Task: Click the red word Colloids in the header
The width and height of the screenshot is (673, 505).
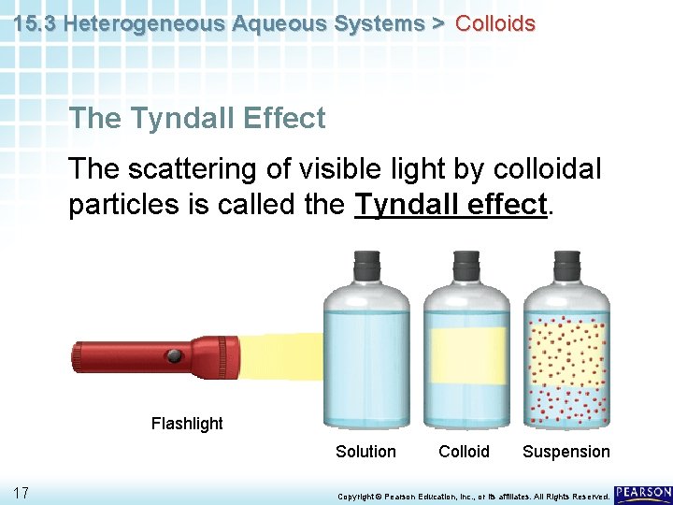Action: click(x=494, y=23)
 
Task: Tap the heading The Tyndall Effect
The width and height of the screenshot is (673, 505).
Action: click(x=197, y=119)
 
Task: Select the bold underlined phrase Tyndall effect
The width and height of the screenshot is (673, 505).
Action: click(x=451, y=204)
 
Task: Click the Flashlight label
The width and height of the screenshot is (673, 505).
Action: click(x=187, y=424)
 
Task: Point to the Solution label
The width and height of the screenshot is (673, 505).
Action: click(x=365, y=452)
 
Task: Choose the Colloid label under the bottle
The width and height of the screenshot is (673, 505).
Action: click(x=464, y=452)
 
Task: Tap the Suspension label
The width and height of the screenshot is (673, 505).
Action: click(x=566, y=452)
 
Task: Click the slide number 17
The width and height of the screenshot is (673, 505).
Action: click(x=22, y=493)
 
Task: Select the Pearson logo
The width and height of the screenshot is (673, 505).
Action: click(x=643, y=492)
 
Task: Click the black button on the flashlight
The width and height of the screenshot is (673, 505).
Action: click(x=174, y=355)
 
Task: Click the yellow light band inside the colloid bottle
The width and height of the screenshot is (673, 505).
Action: click(x=465, y=355)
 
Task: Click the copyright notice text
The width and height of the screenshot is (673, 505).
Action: click(x=473, y=495)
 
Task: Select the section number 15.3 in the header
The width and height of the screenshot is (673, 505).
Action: click(x=36, y=23)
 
